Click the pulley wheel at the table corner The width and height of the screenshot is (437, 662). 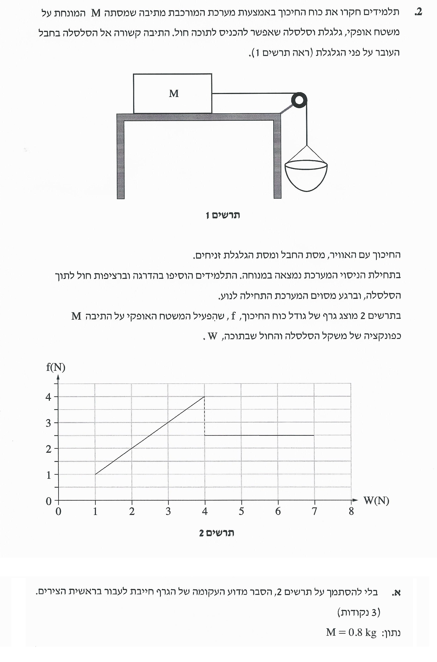(299, 100)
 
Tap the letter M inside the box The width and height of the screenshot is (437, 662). (174, 94)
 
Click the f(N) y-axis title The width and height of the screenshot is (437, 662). (56, 367)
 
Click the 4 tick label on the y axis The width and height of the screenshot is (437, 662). (48, 397)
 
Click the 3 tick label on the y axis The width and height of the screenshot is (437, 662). (48, 423)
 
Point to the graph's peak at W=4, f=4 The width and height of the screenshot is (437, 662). (205, 396)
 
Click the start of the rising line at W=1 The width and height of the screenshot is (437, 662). (95, 474)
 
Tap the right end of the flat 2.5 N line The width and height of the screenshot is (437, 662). (314, 435)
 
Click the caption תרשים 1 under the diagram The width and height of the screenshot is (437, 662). (223, 215)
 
